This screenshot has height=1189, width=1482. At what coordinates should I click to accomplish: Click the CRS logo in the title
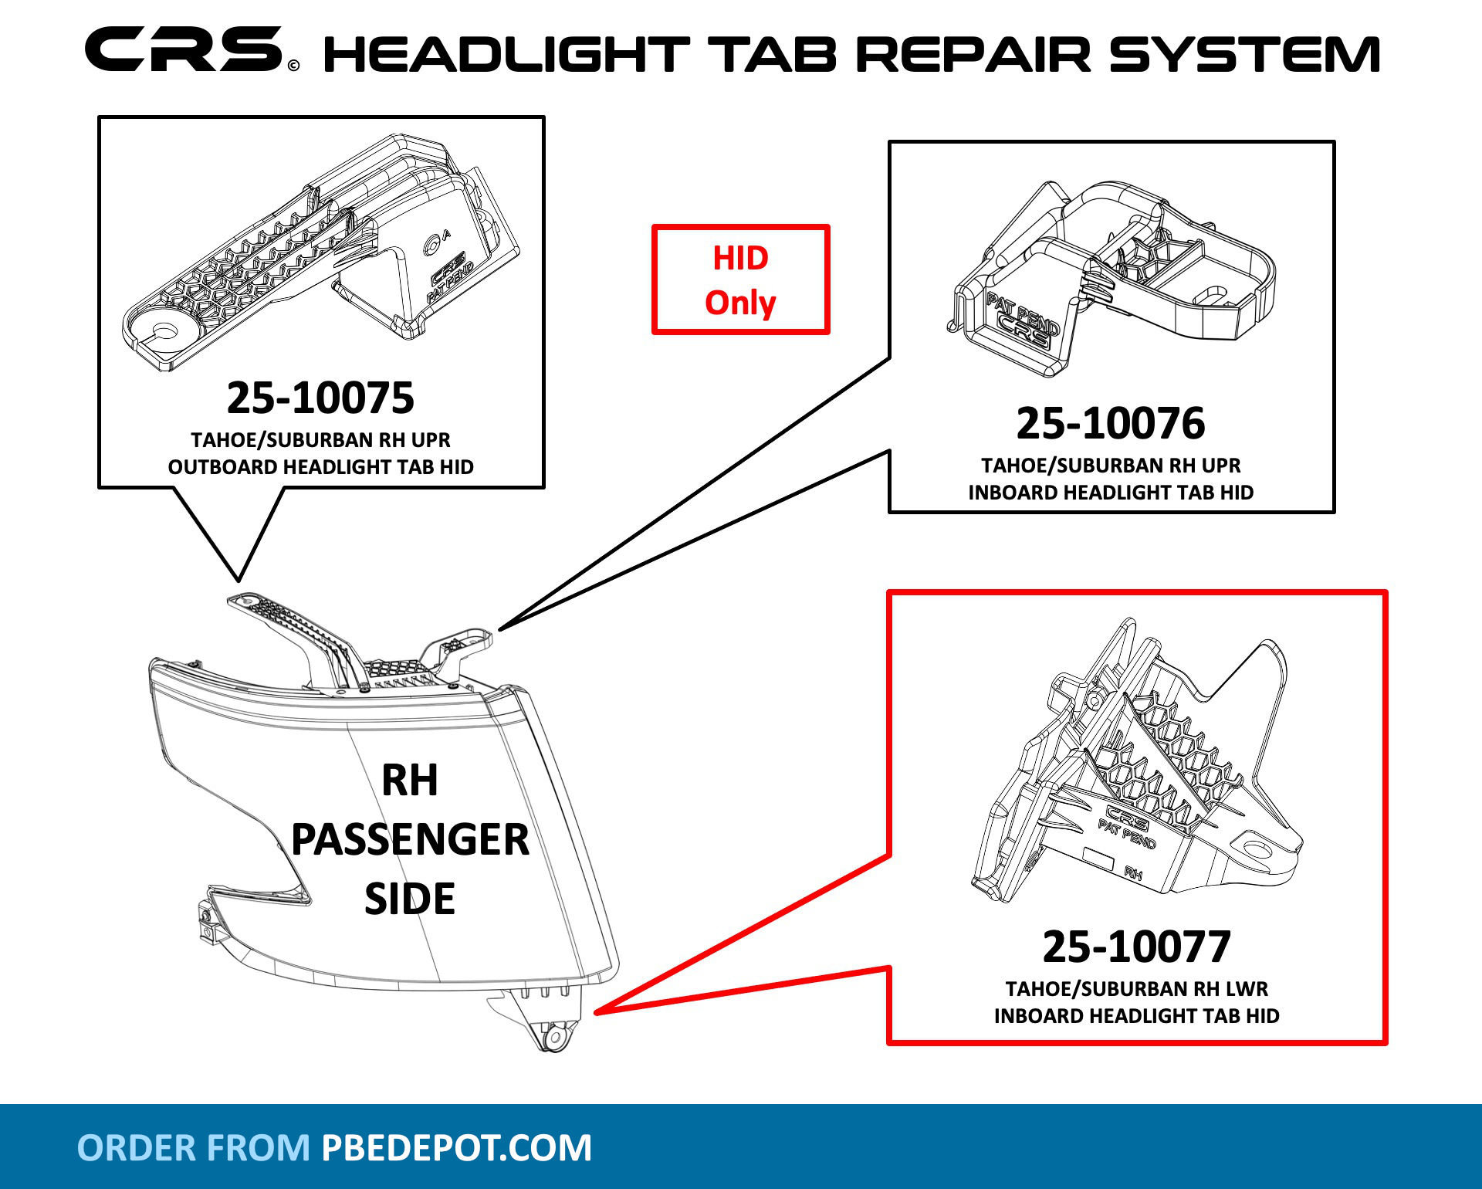coord(185,49)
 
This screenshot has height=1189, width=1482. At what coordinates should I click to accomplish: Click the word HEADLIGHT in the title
coord(506,54)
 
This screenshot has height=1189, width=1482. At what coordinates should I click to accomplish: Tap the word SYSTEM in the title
coord(1244,54)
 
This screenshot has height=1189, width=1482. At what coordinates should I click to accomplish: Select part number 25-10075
coord(320,398)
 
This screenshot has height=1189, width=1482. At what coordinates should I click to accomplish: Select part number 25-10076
coord(1110,423)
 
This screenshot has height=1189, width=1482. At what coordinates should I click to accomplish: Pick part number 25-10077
coord(1136,947)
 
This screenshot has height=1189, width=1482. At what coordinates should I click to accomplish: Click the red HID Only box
coord(740,279)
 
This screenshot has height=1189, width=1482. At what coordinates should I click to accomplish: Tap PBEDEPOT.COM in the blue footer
coord(456,1147)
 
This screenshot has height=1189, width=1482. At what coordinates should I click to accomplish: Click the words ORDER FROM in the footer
coord(194,1147)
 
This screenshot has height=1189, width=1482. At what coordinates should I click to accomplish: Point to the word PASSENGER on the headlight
coord(410,839)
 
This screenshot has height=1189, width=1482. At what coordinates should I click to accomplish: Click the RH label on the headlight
coord(410,780)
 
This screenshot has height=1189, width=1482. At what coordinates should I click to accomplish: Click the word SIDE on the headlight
coord(410,899)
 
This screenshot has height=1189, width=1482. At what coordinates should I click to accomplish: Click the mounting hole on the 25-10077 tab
coord(1257,851)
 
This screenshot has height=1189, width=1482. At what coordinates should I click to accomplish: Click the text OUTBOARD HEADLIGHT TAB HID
coord(320,467)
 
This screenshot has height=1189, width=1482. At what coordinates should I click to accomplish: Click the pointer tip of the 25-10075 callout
coord(239,578)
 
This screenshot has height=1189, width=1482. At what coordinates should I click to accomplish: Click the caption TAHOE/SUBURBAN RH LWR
coord(1136,989)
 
